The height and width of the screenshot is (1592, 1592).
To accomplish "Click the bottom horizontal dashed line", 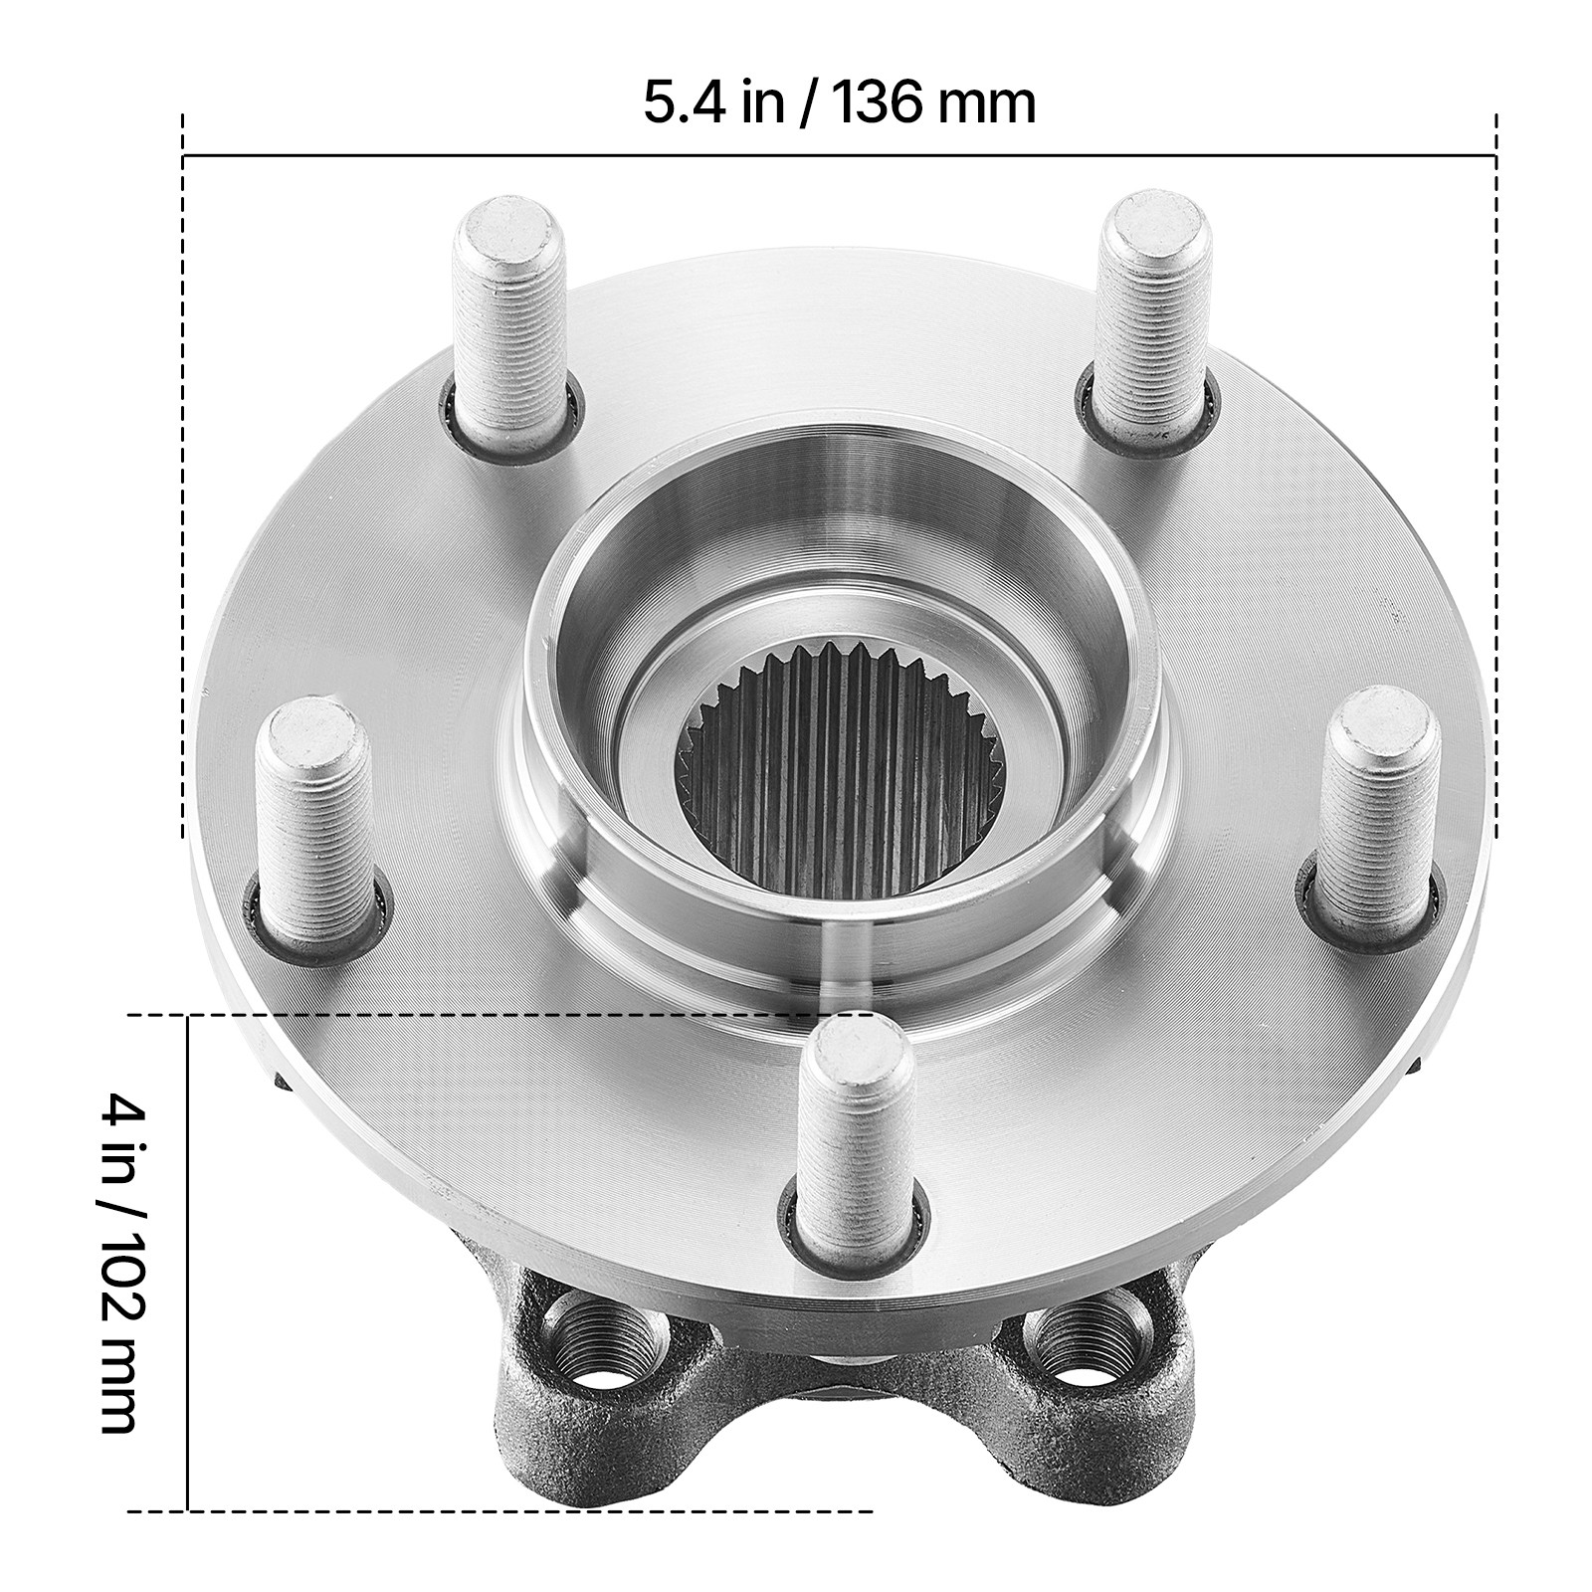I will [x=497, y=1539].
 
